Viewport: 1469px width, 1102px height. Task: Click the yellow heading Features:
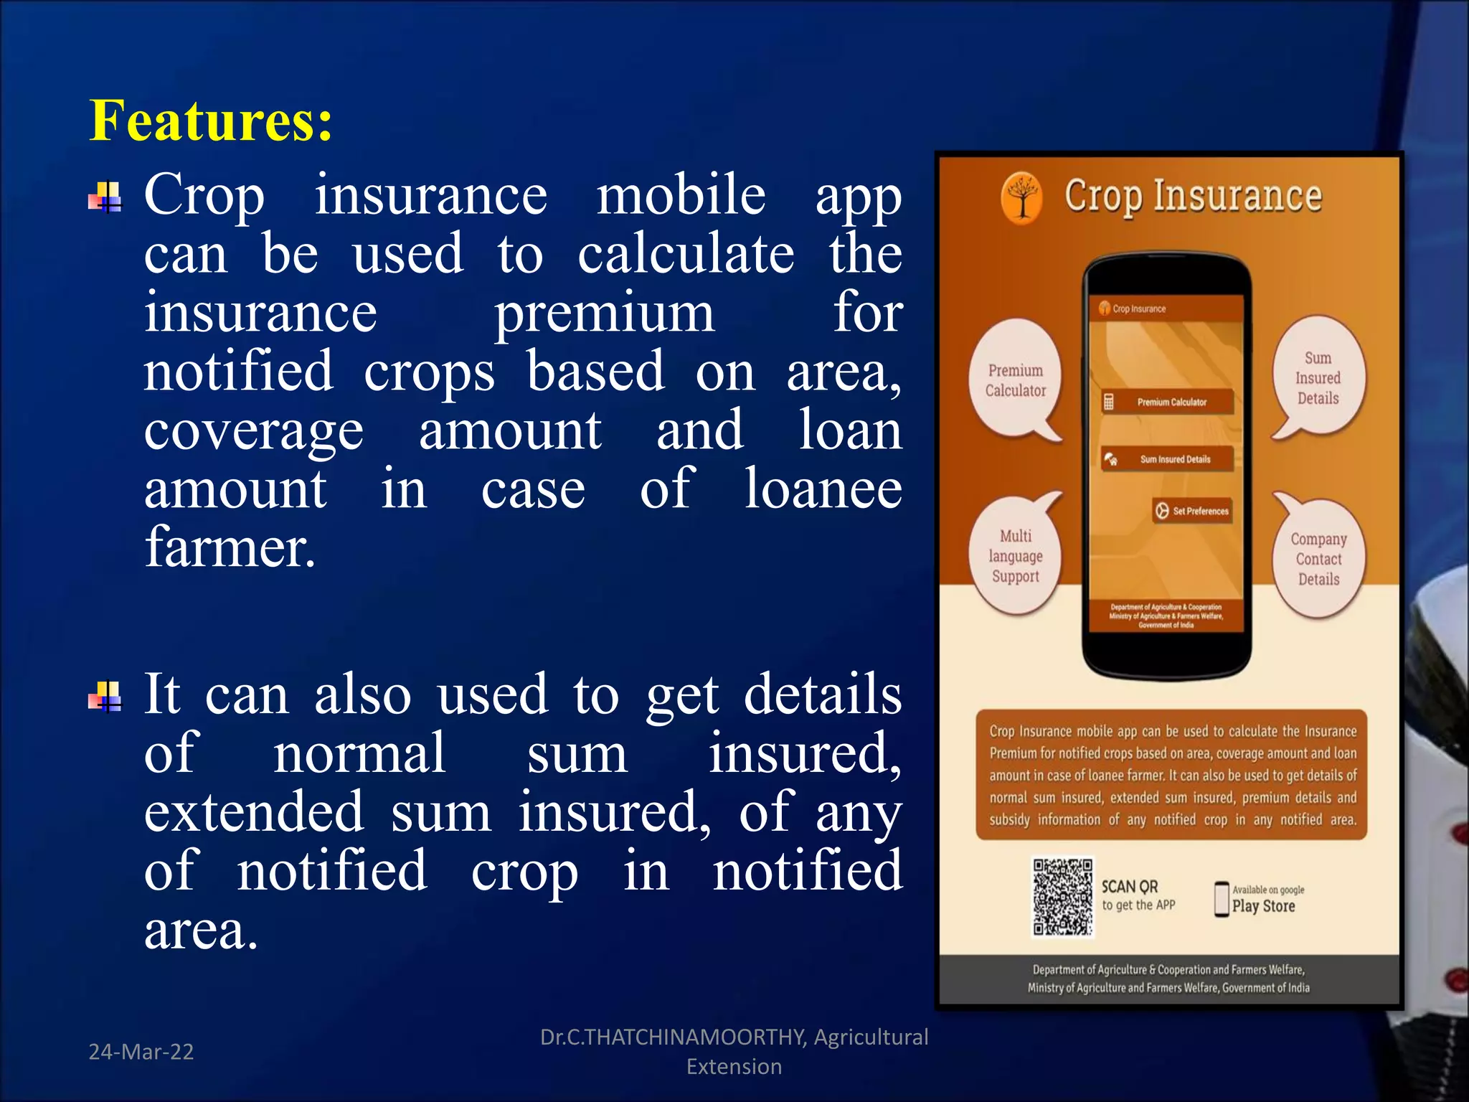click(211, 121)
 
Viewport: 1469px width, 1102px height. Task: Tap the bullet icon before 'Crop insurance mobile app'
click(105, 197)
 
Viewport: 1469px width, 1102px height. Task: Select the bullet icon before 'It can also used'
click(105, 697)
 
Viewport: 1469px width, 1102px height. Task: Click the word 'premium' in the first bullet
click(605, 315)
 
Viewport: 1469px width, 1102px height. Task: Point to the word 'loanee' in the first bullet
click(823, 489)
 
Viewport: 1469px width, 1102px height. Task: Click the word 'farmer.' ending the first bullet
click(230, 547)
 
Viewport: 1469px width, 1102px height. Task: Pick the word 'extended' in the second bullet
click(254, 813)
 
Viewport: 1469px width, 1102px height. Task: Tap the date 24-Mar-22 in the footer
click(141, 1052)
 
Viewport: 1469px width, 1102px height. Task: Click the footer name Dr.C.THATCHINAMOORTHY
click(673, 1037)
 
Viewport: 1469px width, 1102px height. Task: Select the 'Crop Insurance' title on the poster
click(1192, 196)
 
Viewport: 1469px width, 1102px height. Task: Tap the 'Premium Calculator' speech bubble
click(1015, 380)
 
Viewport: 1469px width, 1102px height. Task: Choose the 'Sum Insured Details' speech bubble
click(1318, 378)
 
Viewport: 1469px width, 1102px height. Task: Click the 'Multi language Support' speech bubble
click(1015, 556)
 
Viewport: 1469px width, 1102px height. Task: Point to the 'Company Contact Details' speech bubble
click(1318, 559)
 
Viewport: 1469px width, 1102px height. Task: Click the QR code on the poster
click(1062, 897)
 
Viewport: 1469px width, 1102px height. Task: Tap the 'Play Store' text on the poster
click(1263, 906)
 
